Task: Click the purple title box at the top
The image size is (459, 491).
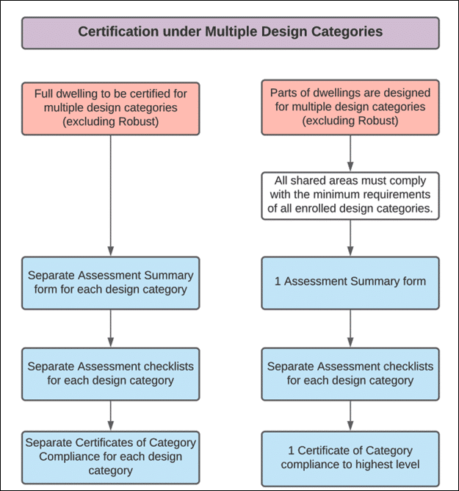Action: click(x=231, y=33)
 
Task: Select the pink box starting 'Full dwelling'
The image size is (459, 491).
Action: click(x=110, y=109)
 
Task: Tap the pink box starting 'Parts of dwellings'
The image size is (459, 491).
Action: click(x=350, y=107)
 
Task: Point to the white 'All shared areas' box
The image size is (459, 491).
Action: click(x=350, y=196)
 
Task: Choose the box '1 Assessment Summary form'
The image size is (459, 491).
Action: click(x=350, y=283)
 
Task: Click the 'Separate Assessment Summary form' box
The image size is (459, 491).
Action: click(x=110, y=283)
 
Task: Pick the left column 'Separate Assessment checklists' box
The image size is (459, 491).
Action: click(x=110, y=374)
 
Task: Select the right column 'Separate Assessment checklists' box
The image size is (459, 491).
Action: click(x=350, y=374)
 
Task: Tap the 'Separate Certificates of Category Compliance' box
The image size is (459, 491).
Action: click(x=110, y=457)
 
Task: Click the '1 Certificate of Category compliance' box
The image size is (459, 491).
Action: click(x=350, y=459)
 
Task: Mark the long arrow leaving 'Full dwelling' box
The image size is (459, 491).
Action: click(x=110, y=196)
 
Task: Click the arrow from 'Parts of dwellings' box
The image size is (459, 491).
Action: click(x=350, y=154)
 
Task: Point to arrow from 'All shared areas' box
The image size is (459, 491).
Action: click(x=350, y=238)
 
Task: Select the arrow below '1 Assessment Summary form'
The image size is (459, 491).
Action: click(x=350, y=329)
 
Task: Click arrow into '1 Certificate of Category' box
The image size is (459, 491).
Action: click(x=350, y=416)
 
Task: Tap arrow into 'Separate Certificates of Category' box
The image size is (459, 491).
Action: click(x=110, y=416)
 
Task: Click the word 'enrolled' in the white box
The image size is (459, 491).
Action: click(x=316, y=208)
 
